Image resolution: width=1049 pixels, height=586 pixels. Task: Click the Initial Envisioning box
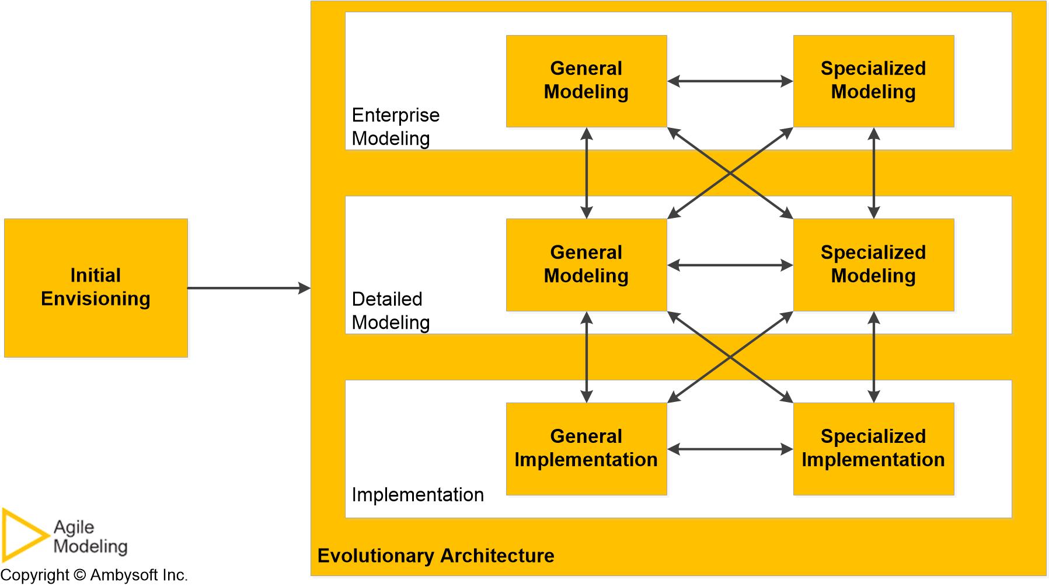point(96,287)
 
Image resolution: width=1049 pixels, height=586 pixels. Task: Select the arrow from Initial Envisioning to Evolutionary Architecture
point(248,288)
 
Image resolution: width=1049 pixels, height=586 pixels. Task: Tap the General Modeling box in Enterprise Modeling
point(586,81)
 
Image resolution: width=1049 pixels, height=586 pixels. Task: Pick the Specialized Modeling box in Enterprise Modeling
point(873,81)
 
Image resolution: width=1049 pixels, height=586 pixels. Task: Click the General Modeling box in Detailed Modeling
point(586,265)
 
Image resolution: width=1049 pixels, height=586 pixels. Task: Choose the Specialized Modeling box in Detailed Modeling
point(873,265)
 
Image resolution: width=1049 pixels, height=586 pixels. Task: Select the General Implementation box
point(586,449)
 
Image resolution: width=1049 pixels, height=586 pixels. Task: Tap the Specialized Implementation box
point(873,449)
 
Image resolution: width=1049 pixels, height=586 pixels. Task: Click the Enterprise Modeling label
point(395,127)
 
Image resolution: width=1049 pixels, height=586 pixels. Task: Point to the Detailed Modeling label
point(390,311)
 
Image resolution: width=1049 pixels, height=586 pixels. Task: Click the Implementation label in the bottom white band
point(417,495)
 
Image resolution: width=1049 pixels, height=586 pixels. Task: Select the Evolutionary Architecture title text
point(435,556)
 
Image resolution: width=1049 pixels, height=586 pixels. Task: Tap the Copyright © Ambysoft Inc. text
point(94,575)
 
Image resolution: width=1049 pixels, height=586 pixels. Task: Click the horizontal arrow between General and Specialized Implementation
point(730,449)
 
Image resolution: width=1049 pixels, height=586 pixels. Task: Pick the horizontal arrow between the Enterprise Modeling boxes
point(730,81)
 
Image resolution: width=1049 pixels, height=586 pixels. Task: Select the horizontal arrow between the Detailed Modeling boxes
point(730,265)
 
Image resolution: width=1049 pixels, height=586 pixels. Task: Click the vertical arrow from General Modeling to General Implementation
point(587,357)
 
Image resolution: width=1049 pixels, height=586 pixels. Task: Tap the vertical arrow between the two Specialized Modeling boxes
point(873,173)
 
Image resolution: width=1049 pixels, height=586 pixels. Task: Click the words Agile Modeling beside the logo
point(90,537)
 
